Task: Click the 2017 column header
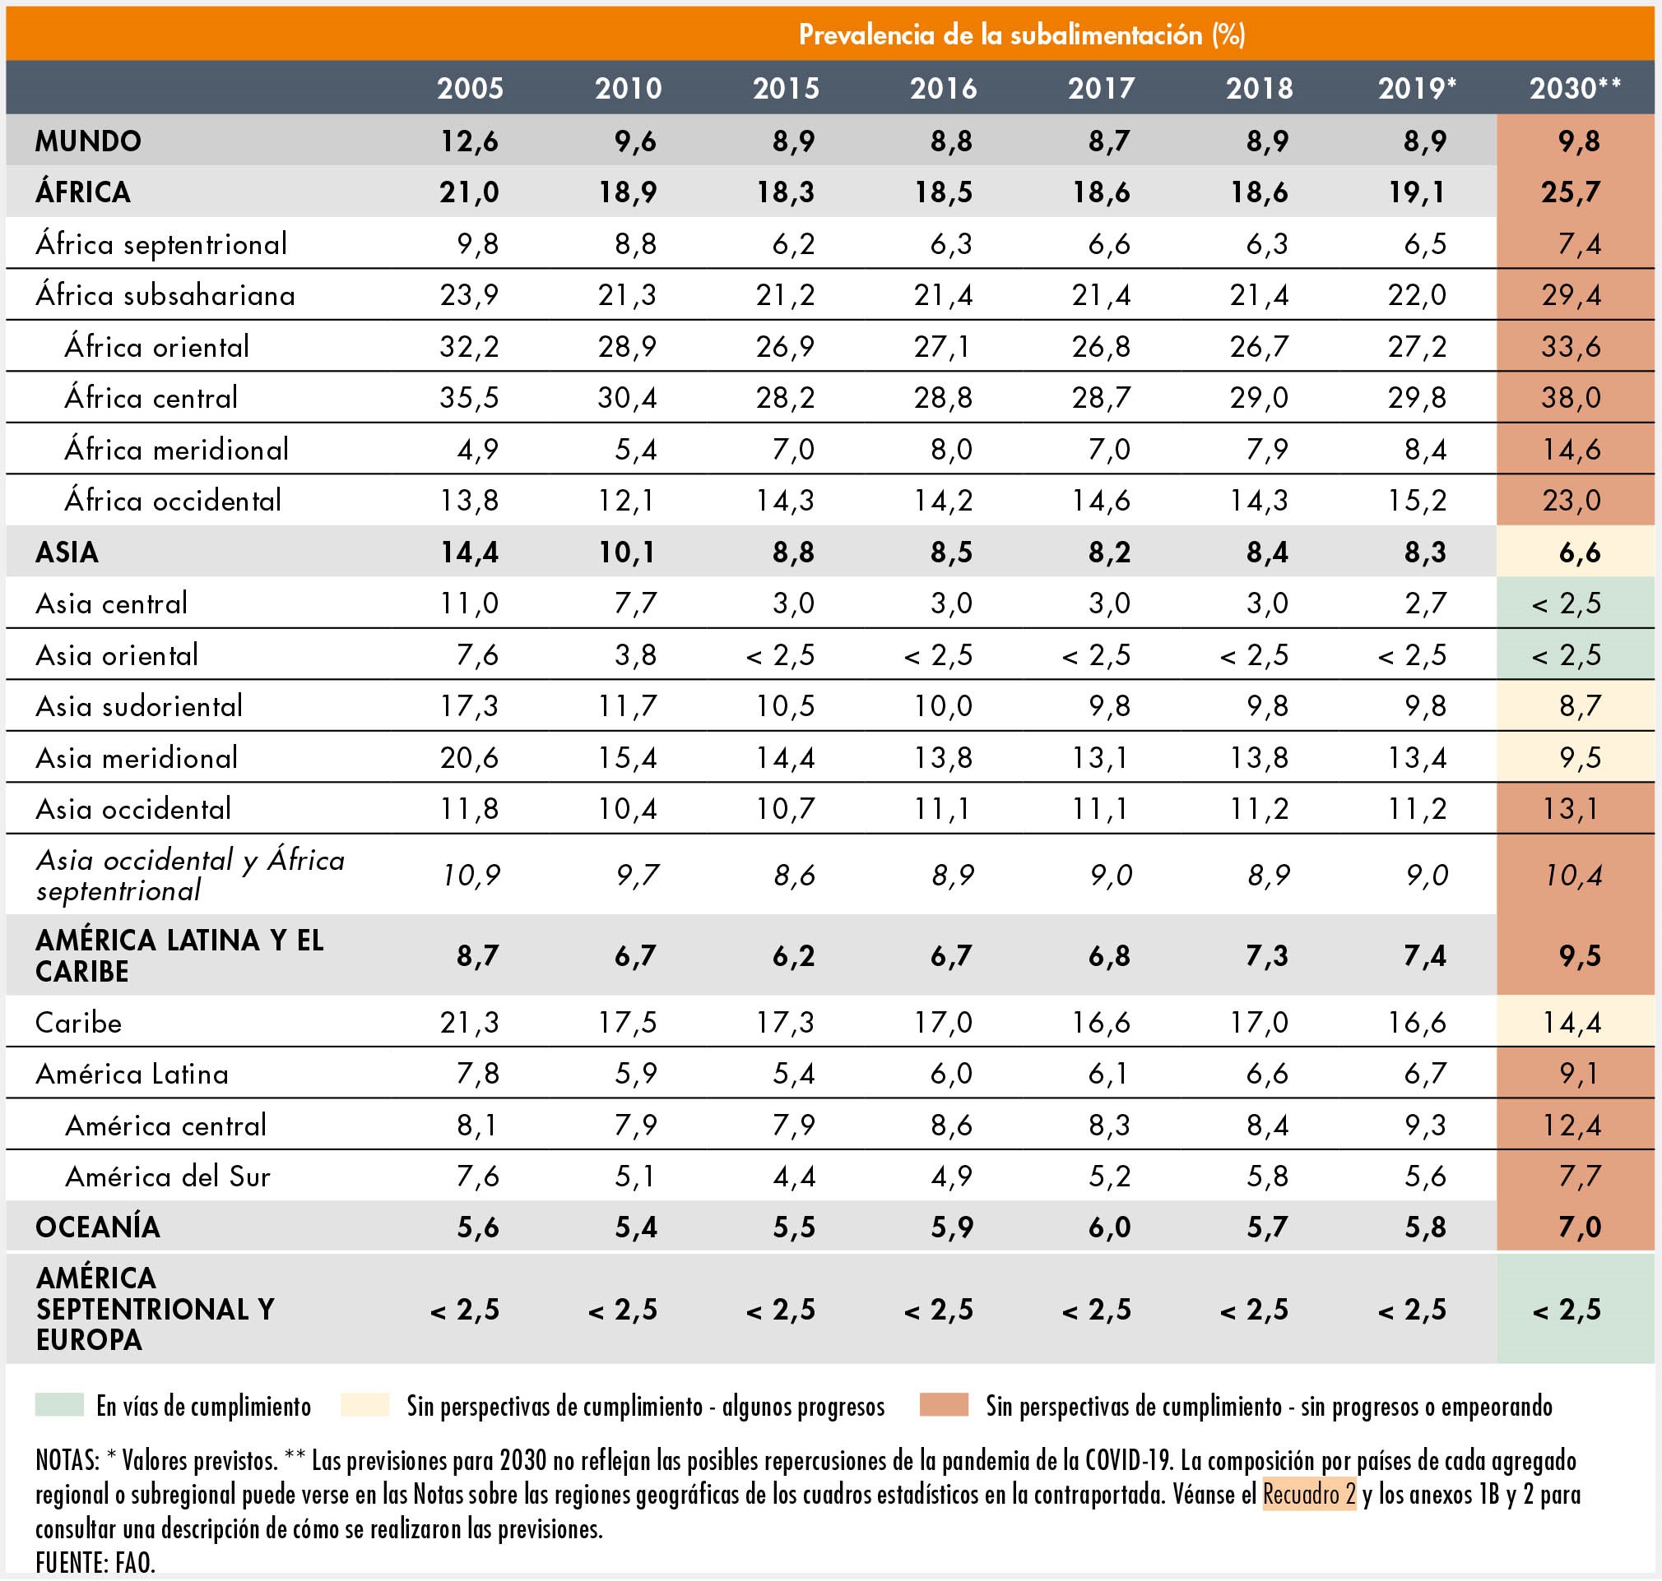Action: (1101, 89)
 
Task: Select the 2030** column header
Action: (1575, 89)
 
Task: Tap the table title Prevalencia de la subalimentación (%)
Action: (1022, 35)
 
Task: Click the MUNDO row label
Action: (89, 141)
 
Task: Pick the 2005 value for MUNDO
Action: (470, 141)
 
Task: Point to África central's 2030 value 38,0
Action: (1571, 398)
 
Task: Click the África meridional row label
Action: (177, 448)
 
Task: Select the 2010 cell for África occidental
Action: (627, 501)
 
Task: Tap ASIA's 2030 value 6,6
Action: (1580, 552)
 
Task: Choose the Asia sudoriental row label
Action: (139, 706)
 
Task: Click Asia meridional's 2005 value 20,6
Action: (470, 758)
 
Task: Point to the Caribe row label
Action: (78, 1022)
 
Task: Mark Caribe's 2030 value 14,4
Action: (1571, 1022)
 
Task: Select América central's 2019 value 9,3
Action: (1425, 1125)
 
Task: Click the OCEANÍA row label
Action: (98, 1226)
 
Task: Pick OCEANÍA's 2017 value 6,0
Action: (1110, 1227)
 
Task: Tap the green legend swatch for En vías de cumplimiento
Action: (59, 1405)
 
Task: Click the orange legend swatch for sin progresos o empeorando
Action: (944, 1405)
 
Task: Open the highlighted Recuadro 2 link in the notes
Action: (1309, 1494)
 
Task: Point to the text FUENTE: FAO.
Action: (95, 1561)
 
